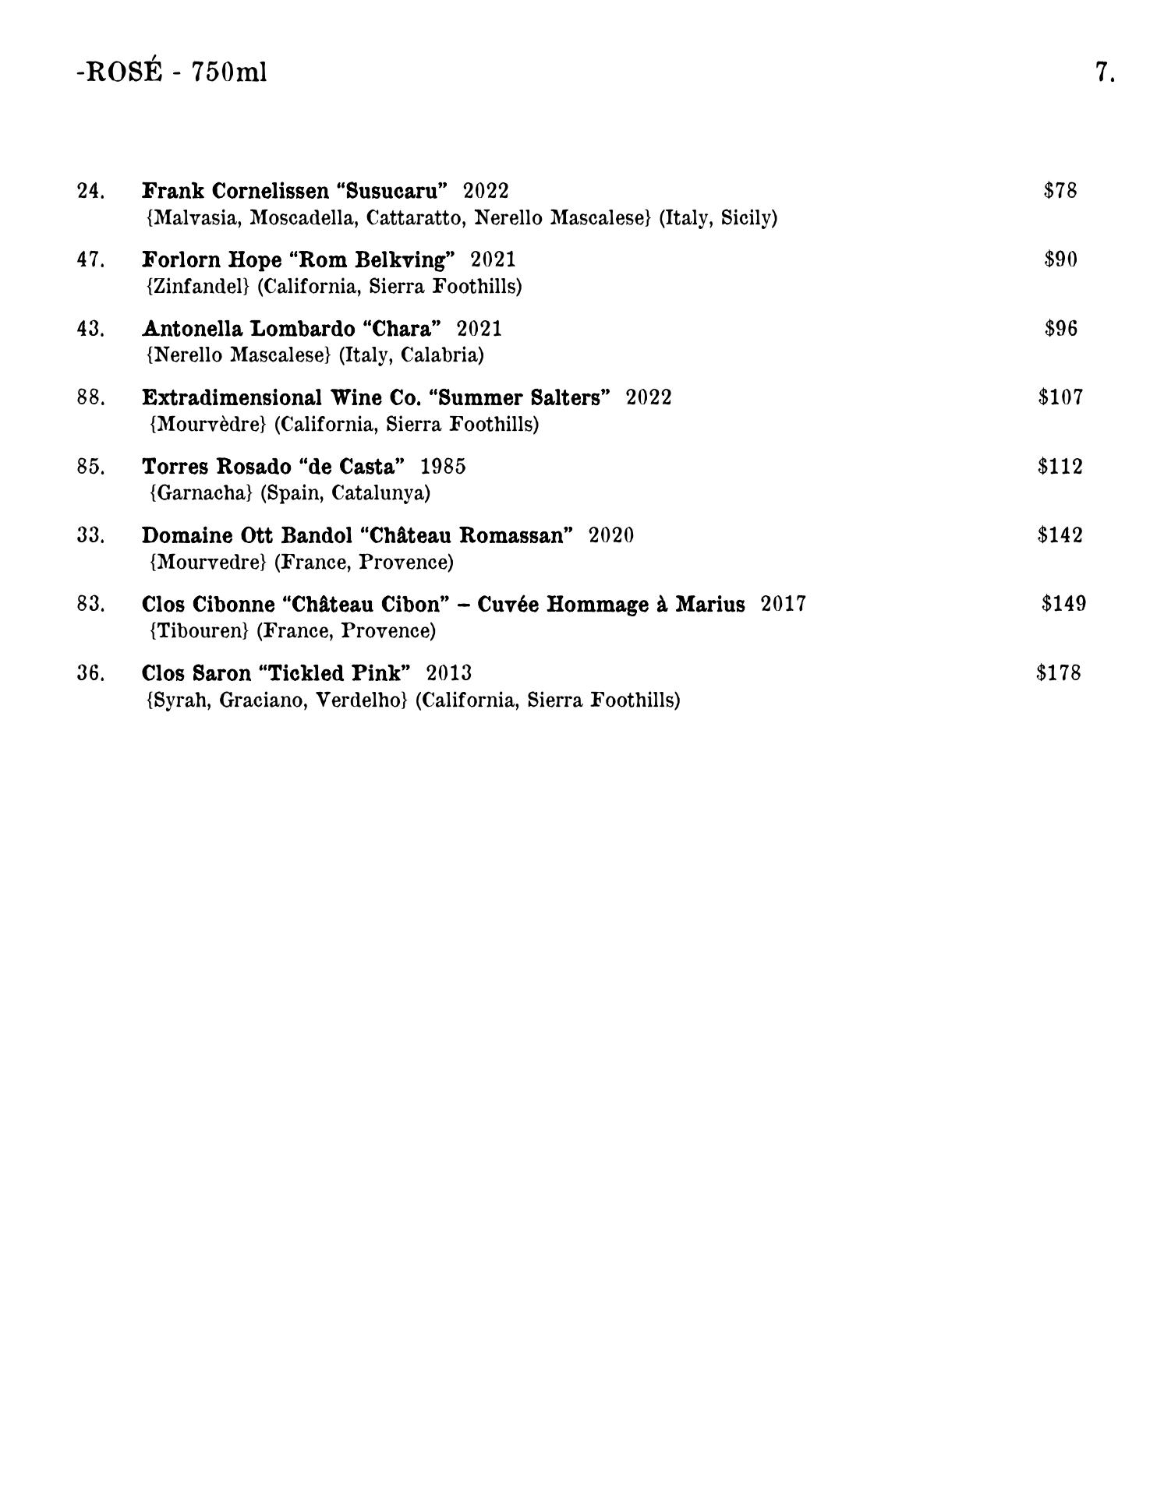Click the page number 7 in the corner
coord(1104,72)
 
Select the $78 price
coord(1060,190)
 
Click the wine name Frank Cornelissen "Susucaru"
coord(295,191)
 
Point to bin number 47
coord(90,259)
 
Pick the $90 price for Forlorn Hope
coord(1060,259)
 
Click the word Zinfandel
coord(197,287)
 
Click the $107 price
coord(1060,397)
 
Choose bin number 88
coord(90,397)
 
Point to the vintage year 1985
coord(443,467)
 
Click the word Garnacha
coord(201,493)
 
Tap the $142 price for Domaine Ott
coord(1060,535)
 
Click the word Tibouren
coord(199,631)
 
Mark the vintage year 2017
coord(784,605)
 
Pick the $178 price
coord(1059,673)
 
